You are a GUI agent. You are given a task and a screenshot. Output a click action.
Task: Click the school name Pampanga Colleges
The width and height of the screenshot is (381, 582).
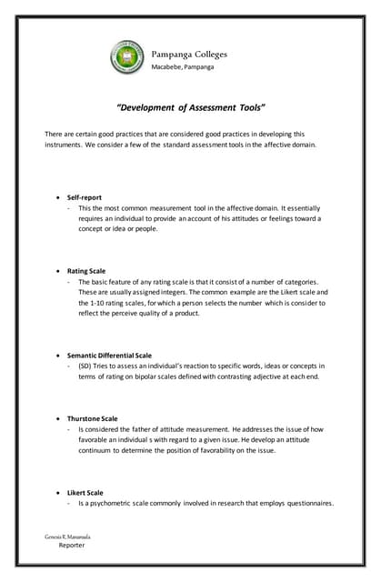(188, 54)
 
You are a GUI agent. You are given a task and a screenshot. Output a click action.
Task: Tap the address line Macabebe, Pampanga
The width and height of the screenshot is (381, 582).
(182, 66)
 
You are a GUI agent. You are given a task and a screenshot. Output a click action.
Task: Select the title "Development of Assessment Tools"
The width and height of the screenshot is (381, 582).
(190, 106)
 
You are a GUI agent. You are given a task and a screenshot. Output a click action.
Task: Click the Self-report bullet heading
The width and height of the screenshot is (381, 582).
(86, 196)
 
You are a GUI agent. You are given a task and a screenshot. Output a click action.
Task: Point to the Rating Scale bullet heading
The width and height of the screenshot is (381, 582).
(86, 270)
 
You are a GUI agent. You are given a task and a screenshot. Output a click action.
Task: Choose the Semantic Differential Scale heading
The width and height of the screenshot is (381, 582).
(109, 355)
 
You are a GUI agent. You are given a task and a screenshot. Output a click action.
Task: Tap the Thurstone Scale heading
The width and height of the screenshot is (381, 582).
(92, 418)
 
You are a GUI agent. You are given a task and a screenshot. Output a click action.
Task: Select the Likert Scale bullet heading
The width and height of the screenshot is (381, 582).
(85, 492)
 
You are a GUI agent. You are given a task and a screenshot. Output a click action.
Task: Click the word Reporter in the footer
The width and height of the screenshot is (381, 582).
(72, 546)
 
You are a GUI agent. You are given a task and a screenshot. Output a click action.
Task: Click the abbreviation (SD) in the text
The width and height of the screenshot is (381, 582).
(85, 366)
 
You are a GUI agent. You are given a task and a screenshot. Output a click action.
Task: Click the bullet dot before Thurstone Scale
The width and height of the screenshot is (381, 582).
(58, 418)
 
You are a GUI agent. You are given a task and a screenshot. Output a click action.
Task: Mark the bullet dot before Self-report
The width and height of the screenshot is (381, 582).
(58, 196)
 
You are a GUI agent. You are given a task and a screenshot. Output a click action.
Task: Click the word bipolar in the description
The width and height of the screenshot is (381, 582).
(137, 376)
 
